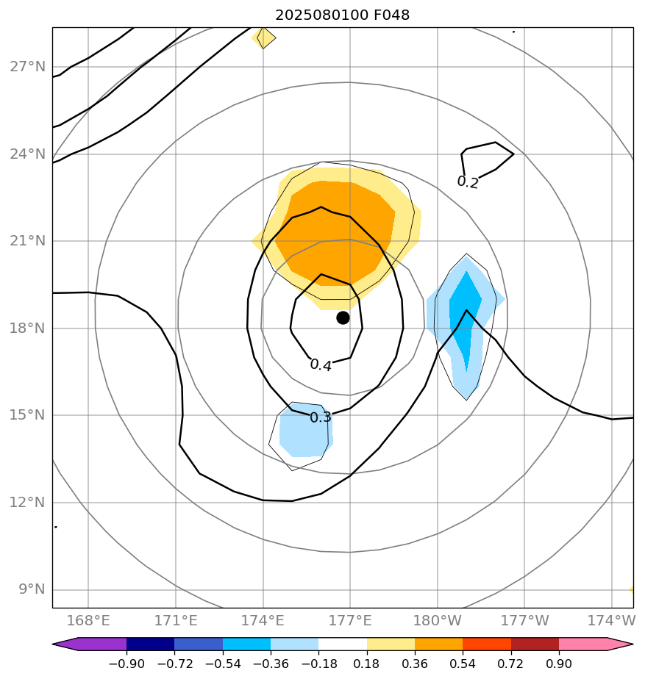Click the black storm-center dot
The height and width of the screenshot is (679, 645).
(343, 317)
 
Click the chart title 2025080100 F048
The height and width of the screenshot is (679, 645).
(342, 15)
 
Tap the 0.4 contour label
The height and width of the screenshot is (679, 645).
(321, 364)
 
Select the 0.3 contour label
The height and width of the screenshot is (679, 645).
(321, 417)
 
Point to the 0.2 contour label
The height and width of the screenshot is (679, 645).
(468, 182)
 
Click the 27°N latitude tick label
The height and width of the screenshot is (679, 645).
(27, 67)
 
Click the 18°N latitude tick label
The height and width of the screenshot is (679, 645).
(27, 328)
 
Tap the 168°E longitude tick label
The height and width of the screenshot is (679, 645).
(88, 621)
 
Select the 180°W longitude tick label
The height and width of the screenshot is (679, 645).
(437, 621)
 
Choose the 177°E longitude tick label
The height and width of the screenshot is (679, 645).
(349, 621)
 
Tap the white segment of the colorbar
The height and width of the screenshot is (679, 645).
(343, 644)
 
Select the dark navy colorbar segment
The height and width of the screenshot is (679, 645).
(151, 644)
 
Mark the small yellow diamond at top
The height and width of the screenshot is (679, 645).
(264, 37)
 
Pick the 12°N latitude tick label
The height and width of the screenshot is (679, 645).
(27, 503)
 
